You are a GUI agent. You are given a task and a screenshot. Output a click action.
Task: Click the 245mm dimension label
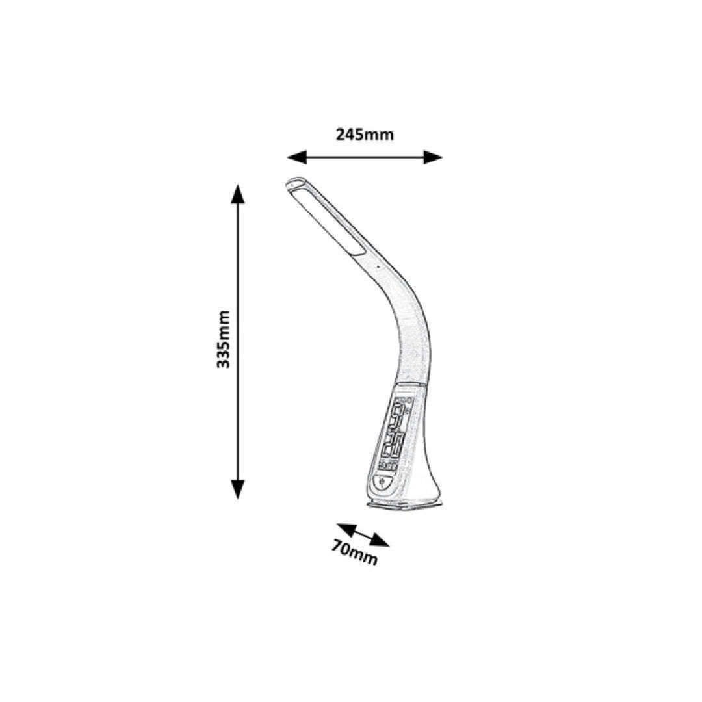click(x=365, y=135)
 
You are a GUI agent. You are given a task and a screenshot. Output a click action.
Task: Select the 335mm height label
click(x=223, y=339)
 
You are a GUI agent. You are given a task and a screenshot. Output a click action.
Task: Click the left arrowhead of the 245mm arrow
click(x=297, y=157)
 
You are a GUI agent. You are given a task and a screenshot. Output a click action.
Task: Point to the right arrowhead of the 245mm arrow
click(x=433, y=157)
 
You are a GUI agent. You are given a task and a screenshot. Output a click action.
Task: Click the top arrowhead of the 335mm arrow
click(x=238, y=194)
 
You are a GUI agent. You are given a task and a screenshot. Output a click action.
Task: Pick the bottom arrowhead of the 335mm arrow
click(x=238, y=488)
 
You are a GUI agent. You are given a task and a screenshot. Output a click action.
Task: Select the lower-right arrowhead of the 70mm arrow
click(x=380, y=540)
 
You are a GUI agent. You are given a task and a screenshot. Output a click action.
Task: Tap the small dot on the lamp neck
click(x=378, y=268)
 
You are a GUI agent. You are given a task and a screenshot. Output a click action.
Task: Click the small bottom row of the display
click(x=387, y=465)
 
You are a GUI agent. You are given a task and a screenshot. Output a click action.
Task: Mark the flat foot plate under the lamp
click(x=405, y=504)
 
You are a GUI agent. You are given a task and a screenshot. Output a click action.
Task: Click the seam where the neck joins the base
click(x=409, y=385)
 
